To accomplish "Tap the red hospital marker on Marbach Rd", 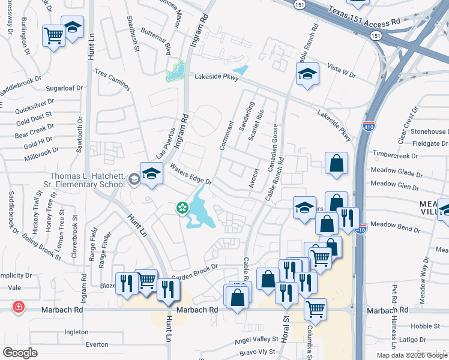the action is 19,307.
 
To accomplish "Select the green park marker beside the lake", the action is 181,208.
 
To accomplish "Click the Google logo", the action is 20,353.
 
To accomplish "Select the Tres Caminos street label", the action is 112,79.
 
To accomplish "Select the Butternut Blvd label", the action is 155,40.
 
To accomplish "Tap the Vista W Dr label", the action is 341,72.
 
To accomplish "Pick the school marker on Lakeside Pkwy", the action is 307,74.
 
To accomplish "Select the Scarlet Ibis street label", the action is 256,126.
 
